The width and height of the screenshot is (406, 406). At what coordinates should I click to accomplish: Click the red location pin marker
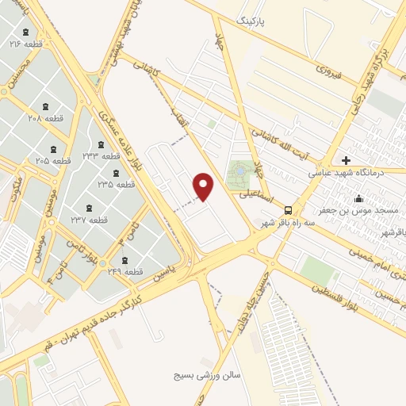pos(205,186)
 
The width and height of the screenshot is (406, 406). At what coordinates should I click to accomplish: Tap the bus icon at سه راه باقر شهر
pos(288,211)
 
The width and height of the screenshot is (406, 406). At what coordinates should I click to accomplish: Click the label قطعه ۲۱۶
pos(25,44)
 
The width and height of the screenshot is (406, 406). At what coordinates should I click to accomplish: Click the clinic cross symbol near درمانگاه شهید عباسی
pos(346,160)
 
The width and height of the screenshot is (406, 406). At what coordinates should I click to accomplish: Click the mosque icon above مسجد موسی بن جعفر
pos(358,198)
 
